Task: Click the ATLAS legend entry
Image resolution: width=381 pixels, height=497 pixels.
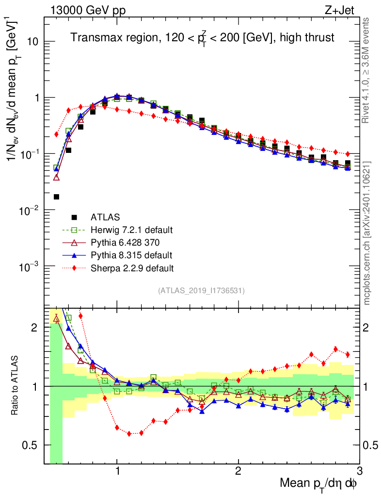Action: (x=106, y=217)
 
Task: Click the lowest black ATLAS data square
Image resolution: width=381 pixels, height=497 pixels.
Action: (x=56, y=197)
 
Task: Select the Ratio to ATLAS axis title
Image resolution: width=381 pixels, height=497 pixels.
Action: (x=15, y=386)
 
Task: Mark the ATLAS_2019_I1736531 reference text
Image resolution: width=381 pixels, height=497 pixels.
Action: (x=201, y=291)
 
